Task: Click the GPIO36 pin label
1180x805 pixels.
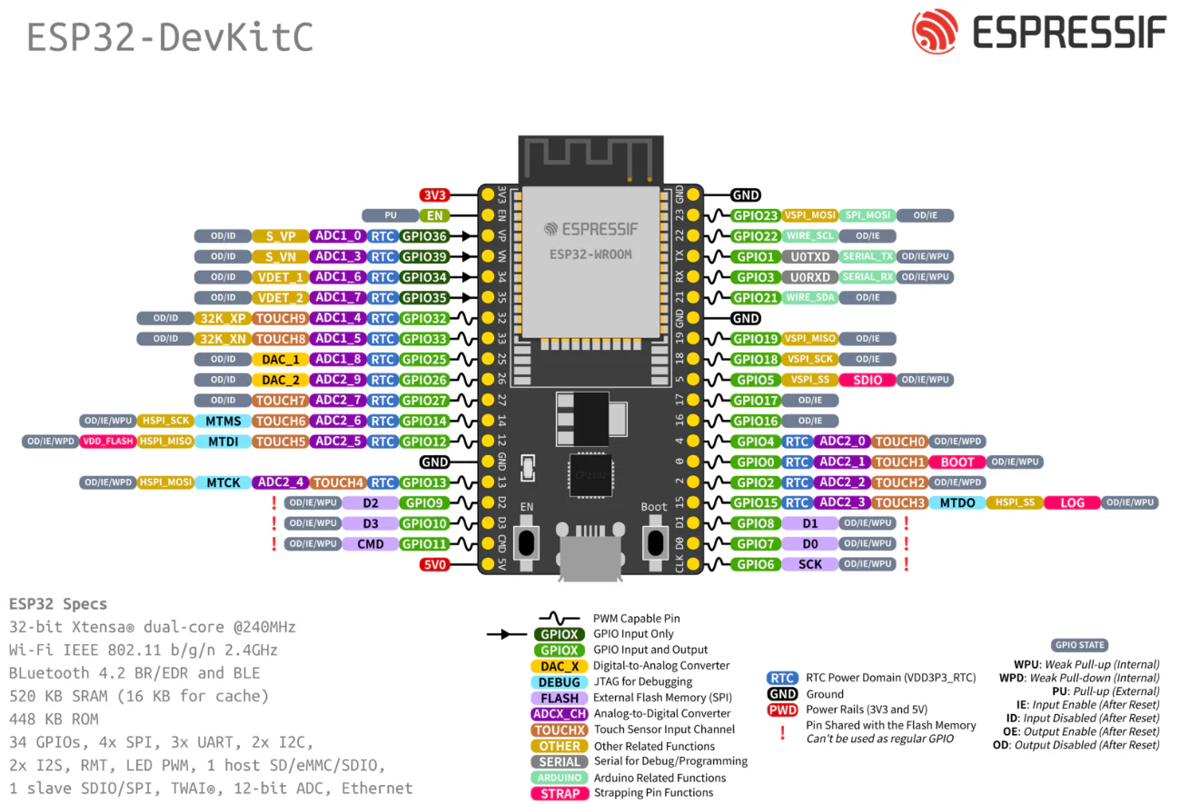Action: (424, 235)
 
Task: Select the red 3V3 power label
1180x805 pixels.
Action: (434, 194)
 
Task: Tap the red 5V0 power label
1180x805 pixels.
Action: (434, 564)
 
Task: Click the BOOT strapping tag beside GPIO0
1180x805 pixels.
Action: (957, 462)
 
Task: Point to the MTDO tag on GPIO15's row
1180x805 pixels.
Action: (957, 502)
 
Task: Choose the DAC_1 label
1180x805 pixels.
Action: (281, 359)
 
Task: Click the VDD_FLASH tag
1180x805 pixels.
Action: (107, 442)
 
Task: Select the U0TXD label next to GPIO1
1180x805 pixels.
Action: (809, 256)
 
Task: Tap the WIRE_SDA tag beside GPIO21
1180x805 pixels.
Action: (809, 297)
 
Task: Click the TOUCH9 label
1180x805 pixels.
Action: (281, 318)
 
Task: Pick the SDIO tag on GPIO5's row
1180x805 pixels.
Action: (868, 380)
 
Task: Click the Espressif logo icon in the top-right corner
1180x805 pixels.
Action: (935, 32)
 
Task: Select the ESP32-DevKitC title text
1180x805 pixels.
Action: (170, 37)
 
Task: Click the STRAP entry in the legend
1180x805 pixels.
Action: (560, 793)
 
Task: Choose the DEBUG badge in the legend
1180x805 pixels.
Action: (560, 681)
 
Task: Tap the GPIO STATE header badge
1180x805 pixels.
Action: (1079, 645)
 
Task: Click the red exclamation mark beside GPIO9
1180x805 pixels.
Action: (273, 502)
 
